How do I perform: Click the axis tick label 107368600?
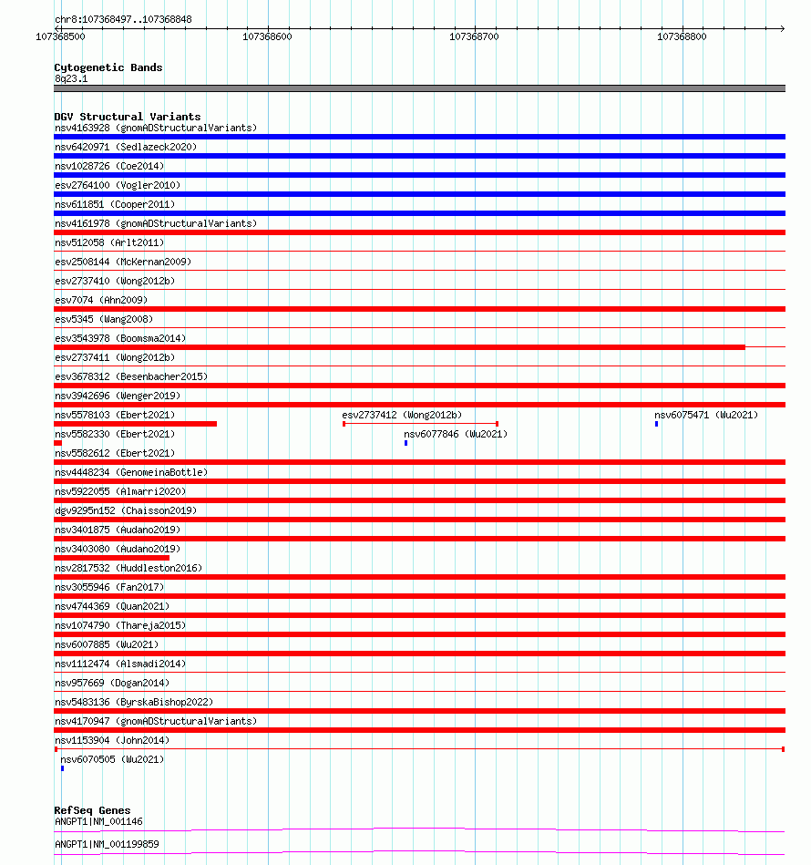point(268,37)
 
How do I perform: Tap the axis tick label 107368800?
point(682,37)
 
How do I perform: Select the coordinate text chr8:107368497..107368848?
point(123,19)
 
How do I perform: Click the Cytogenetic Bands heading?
point(108,67)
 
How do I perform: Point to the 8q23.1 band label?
point(71,78)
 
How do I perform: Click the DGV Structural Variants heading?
point(127,117)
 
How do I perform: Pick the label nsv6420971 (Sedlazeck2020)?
point(125,147)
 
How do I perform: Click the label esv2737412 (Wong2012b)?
point(402,415)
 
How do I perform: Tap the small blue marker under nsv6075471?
point(656,424)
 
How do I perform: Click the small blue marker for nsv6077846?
point(405,443)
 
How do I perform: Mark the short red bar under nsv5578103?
point(135,424)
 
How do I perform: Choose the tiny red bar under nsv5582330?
point(57,443)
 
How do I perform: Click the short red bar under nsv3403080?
point(111,558)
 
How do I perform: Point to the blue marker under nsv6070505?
point(62,768)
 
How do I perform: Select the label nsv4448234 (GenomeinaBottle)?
point(130,472)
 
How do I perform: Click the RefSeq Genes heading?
point(92,810)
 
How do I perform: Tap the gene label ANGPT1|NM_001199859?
point(107,844)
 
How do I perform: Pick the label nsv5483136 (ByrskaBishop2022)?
point(134,702)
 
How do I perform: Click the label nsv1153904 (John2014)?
point(111,740)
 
